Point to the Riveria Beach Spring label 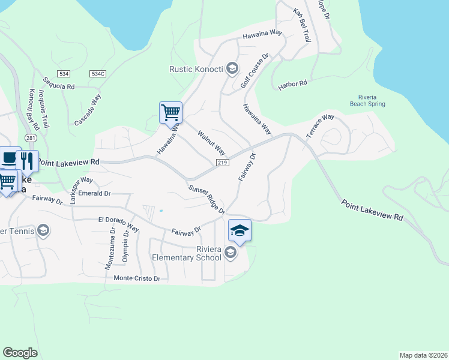[367, 100]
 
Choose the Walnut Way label [211, 142]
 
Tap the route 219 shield [222, 163]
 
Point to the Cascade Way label [88, 110]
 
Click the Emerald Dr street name [95, 193]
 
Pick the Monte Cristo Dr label [137, 278]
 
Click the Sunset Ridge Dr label [206, 199]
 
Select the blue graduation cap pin [240, 231]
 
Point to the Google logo [20, 352]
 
